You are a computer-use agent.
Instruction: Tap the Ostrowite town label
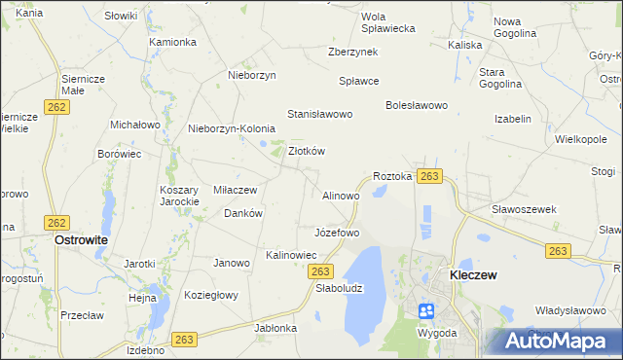81,239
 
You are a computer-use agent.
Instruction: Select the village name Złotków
307,151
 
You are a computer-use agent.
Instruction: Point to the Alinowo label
341,196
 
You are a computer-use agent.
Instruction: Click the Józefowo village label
337,233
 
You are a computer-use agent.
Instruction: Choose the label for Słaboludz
339,288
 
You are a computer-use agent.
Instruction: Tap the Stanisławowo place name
318,114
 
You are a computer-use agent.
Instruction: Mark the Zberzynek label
353,53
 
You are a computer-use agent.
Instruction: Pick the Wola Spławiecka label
387,22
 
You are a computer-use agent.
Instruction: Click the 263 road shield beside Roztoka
430,176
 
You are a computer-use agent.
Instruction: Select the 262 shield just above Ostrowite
57,222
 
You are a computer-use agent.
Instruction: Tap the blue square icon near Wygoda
425,311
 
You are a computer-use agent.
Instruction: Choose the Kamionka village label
173,43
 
